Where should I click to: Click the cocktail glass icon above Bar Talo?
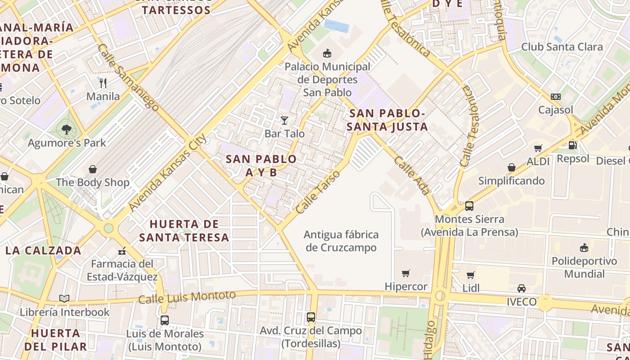point(284,120)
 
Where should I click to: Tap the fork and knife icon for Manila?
point(103,83)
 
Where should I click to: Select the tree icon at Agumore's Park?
point(67,130)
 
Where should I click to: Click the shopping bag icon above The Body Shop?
point(93,169)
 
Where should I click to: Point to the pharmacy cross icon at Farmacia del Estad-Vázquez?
point(122,251)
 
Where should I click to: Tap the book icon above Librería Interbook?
point(64,298)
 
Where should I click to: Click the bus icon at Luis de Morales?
point(165,320)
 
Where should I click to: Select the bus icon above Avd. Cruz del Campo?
point(311,317)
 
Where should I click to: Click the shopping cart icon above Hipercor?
point(406,273)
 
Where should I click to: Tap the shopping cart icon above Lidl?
point(471,275)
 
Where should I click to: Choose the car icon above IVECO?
point(522,288)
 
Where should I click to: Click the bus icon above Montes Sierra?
point(469,206)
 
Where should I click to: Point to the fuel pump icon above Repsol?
point(572,145)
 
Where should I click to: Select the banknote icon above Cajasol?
point(556,97)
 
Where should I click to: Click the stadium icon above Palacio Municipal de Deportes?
point(327,54)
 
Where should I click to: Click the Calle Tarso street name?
point(316,192)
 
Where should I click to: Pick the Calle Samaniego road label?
point(128,77)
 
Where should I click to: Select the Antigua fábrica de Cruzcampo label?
point(341,241)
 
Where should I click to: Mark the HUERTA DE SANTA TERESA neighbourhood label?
point(184,230)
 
